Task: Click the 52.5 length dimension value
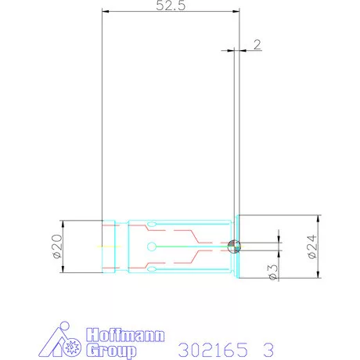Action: tap(171, 5)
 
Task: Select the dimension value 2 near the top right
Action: tap(257, 45)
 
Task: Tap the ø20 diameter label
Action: tap(58, 247)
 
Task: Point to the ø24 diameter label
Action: tap(312, 247)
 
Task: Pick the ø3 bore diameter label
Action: tap(273, 272)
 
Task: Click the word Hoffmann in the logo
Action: tap(125, 335)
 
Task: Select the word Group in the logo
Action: tap(111, 351)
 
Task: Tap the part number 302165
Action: tap(213, 350)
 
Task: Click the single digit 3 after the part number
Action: tap(268, 350)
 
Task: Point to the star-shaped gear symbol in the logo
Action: tap(73, 347)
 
